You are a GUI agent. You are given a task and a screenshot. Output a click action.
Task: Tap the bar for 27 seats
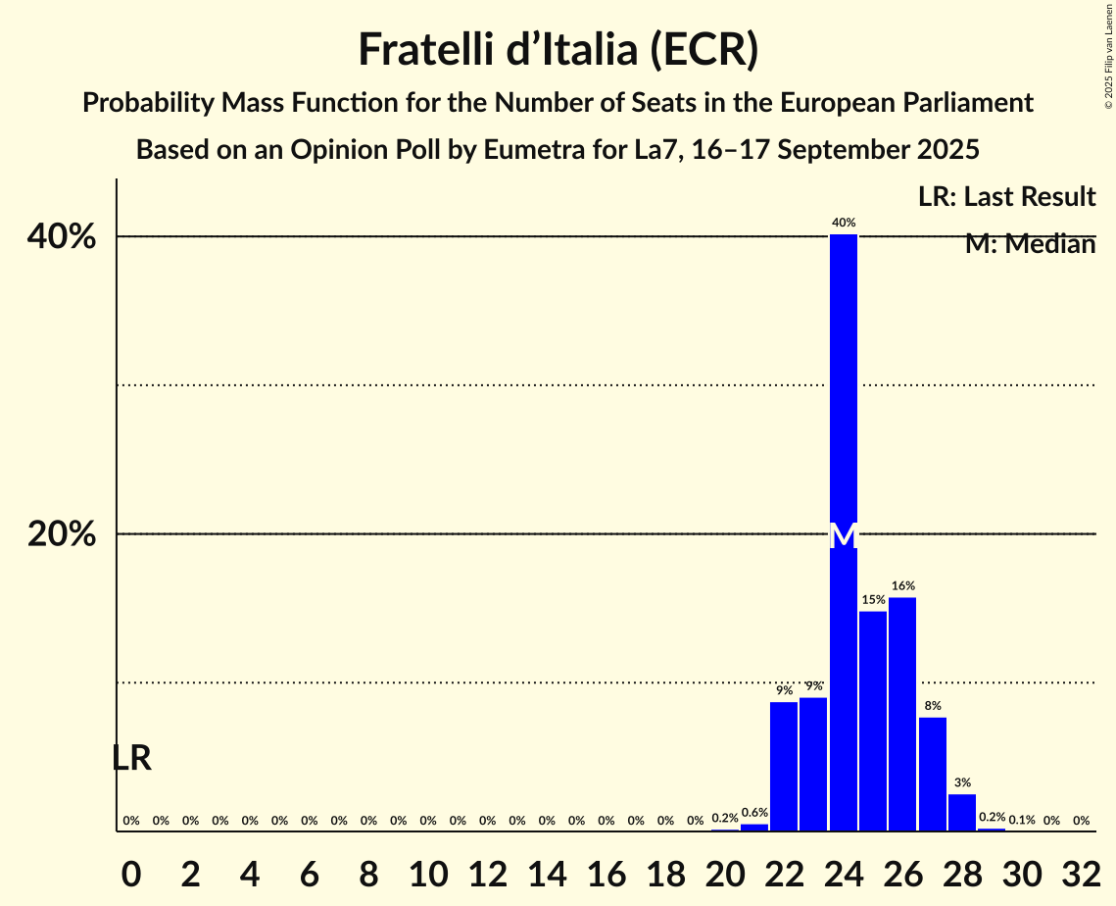(933, 774)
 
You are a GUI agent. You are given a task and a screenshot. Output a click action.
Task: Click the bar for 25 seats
(873, 721)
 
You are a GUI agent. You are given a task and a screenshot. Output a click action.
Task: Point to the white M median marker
(844, 535)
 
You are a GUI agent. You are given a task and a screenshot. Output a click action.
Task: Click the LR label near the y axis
(131, 758)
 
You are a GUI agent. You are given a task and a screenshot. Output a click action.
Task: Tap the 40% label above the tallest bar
(844, 223)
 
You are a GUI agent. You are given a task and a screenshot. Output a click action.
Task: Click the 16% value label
(902, 585)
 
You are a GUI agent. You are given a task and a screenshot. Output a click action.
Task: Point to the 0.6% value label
(754, 813)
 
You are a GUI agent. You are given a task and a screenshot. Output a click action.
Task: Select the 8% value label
(933, 705)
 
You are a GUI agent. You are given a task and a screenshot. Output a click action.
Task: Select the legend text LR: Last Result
(1006, 197)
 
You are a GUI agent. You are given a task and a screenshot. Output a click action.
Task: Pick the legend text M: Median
(1030, 244)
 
